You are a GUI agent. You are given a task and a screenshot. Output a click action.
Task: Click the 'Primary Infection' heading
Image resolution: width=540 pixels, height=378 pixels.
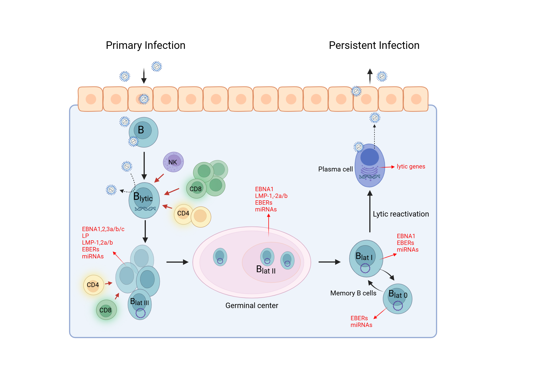tap(146, 45)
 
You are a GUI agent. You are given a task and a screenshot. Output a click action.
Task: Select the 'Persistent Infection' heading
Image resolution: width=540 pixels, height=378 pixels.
tap(374, 45)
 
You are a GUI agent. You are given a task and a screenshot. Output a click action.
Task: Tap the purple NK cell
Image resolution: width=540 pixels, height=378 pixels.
tap(173, 162)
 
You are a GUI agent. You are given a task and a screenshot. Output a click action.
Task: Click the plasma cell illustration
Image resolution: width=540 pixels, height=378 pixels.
tap(370, 165)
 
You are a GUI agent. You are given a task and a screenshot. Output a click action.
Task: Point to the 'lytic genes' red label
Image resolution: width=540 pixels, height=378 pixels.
tap(411, 167)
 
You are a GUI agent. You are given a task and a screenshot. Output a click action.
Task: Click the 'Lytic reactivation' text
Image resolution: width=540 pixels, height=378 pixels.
tap(401, 214)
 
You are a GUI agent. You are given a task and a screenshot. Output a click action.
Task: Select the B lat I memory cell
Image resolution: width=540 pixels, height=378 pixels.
tap(366, 258)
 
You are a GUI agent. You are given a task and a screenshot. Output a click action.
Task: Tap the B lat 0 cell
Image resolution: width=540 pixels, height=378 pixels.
tap(397, 299)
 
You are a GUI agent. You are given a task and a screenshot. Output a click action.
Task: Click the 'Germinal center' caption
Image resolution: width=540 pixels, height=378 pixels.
tap(252, 305)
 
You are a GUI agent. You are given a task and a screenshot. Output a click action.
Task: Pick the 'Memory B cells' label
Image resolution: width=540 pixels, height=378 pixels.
tap(353, 293)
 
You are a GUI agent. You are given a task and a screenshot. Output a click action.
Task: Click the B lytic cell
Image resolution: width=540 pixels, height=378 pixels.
tap(144, 200)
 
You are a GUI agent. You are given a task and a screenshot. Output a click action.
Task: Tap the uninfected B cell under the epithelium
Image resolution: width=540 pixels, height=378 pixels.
tap(143, 132)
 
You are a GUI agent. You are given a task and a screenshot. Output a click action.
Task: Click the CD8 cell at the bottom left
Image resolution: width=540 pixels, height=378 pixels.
tap(106, 310)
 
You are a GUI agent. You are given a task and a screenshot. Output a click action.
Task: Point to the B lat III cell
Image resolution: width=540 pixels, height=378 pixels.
tap(140, 304)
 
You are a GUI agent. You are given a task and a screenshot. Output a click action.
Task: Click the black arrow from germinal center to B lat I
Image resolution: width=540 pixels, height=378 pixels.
tap(329, 262)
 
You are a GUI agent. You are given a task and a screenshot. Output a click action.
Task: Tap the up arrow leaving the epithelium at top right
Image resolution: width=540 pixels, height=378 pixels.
tap(370, 76)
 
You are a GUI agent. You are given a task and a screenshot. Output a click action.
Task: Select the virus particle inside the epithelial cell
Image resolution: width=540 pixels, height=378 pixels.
tap(144, 99)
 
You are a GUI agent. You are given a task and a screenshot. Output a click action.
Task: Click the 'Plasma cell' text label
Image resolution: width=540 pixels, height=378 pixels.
tap(335, 169)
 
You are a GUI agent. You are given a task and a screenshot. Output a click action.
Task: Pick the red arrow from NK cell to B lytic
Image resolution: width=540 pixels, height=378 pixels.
tap(159, 178)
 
